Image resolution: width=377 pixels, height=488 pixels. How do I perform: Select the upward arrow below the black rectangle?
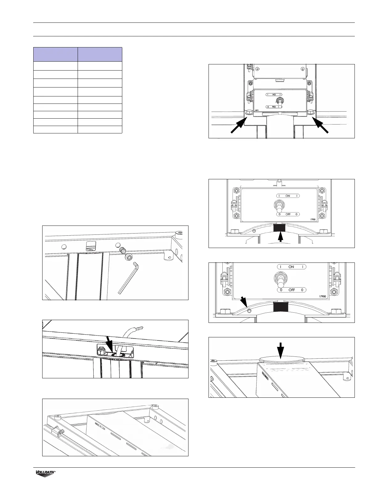coord(280,238)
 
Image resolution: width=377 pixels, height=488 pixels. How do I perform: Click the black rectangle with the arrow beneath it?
coord(279,228)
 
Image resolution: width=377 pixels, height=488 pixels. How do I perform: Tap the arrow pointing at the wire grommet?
coord(109,343)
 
